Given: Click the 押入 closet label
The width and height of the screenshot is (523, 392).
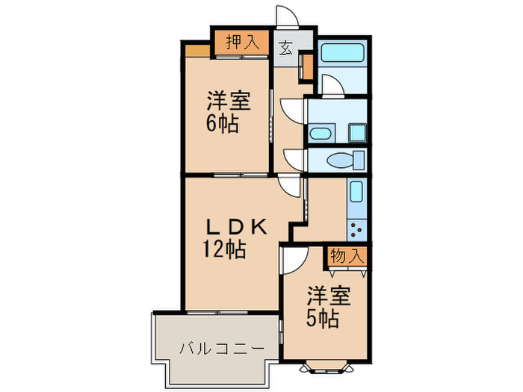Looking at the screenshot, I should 243,43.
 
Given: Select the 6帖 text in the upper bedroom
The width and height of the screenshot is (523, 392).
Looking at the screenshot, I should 223,124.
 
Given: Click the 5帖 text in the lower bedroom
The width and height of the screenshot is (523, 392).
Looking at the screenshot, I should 323,319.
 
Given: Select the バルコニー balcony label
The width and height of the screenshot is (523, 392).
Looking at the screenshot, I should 221,348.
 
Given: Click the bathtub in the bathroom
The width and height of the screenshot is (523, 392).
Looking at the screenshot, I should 342,55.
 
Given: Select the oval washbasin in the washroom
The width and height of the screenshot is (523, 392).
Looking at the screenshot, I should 321,134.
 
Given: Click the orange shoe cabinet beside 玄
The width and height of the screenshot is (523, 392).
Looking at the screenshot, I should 306,67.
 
